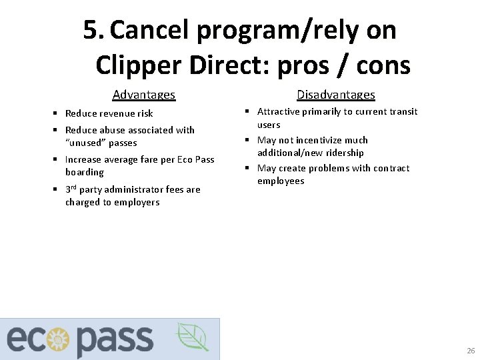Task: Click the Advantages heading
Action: [144, 95]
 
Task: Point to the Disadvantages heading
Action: [336, 95]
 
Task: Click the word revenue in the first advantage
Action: [119, 113]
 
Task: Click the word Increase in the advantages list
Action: [84, 159]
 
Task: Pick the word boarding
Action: [85, 172]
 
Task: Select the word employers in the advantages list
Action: [137, 202]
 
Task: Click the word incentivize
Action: [318, 140]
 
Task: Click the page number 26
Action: [471, 351]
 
